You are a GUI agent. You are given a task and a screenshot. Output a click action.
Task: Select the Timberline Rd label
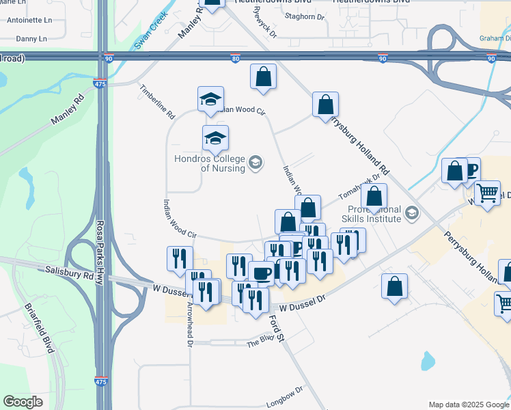click(x=157, y=101)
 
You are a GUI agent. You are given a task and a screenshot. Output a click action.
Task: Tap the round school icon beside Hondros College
click(x=255, y=162)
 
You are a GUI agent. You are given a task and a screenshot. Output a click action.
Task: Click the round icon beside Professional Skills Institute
click(x=411, y=213)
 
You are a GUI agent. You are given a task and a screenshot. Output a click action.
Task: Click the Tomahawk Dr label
click(x=359, y=194)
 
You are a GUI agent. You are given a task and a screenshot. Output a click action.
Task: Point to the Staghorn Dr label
click(x=304, y=16)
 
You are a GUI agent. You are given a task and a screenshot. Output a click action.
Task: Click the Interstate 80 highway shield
click(x=235, y=59)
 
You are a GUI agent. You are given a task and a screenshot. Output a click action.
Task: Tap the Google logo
click(x=23, y=402)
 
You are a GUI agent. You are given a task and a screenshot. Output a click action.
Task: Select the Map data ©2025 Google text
click(x=468, y=405)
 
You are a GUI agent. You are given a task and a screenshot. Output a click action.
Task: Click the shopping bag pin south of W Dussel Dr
click(x=394, y=287)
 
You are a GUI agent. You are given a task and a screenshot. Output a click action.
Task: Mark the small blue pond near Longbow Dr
click(x=428, y=360)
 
